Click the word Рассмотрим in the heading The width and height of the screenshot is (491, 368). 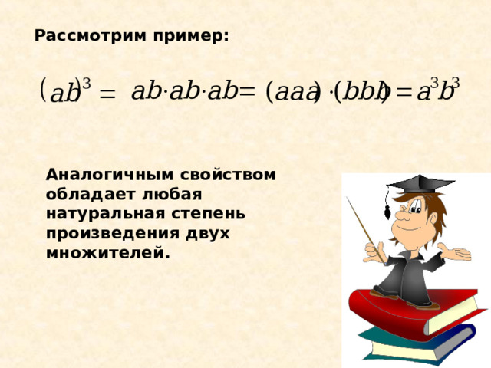click(x=91, y=36)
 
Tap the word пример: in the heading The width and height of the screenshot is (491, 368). click(x=191, y=37)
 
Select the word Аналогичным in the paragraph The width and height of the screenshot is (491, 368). click(x=110, y=175)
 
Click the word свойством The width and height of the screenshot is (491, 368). click(x=228, y=175)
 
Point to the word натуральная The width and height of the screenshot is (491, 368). click(x=106, y=214)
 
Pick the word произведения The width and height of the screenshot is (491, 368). click(x=112, y=234)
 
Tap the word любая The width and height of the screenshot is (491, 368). click(x=172, y=194)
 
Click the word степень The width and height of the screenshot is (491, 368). click(x=208, y=215)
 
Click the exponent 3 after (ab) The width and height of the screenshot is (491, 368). click(x=86, y=84)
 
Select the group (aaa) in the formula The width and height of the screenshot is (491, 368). click(x=293, y=92)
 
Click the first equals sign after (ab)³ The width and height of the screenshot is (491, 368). click(x=107, y=94)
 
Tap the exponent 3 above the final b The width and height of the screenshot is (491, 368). click(x=455, y=83)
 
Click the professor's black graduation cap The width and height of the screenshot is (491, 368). click(x=420, y=184)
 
